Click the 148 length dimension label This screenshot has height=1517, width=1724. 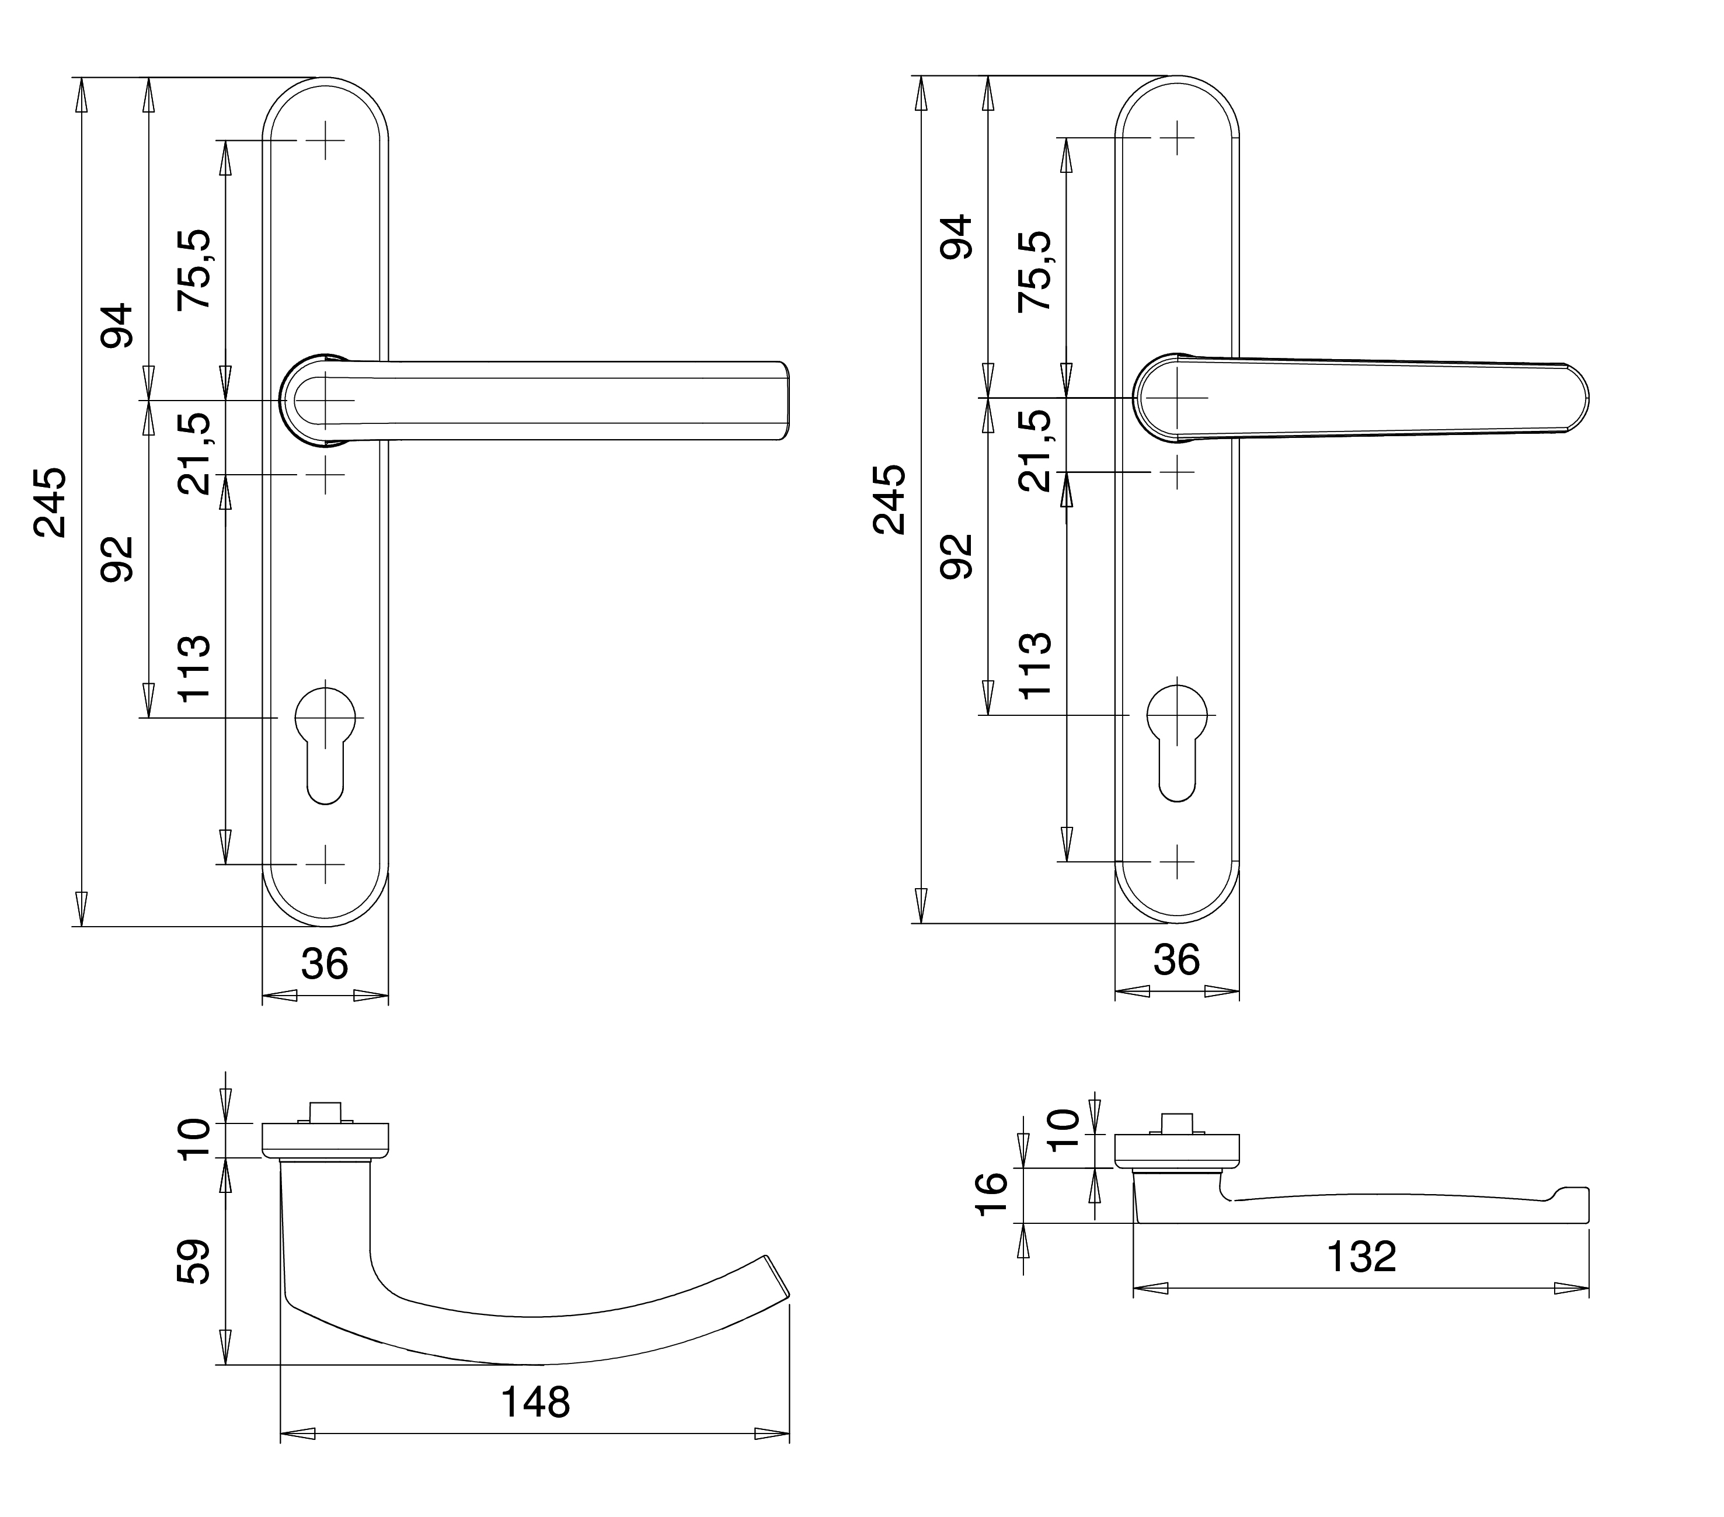point(535,1402)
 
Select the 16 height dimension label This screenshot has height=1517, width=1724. point(992,1193)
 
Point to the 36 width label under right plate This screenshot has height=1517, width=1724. point(1176,960)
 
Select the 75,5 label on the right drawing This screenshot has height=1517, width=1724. point(1035,271)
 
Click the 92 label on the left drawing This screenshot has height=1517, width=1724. point(117,559)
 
